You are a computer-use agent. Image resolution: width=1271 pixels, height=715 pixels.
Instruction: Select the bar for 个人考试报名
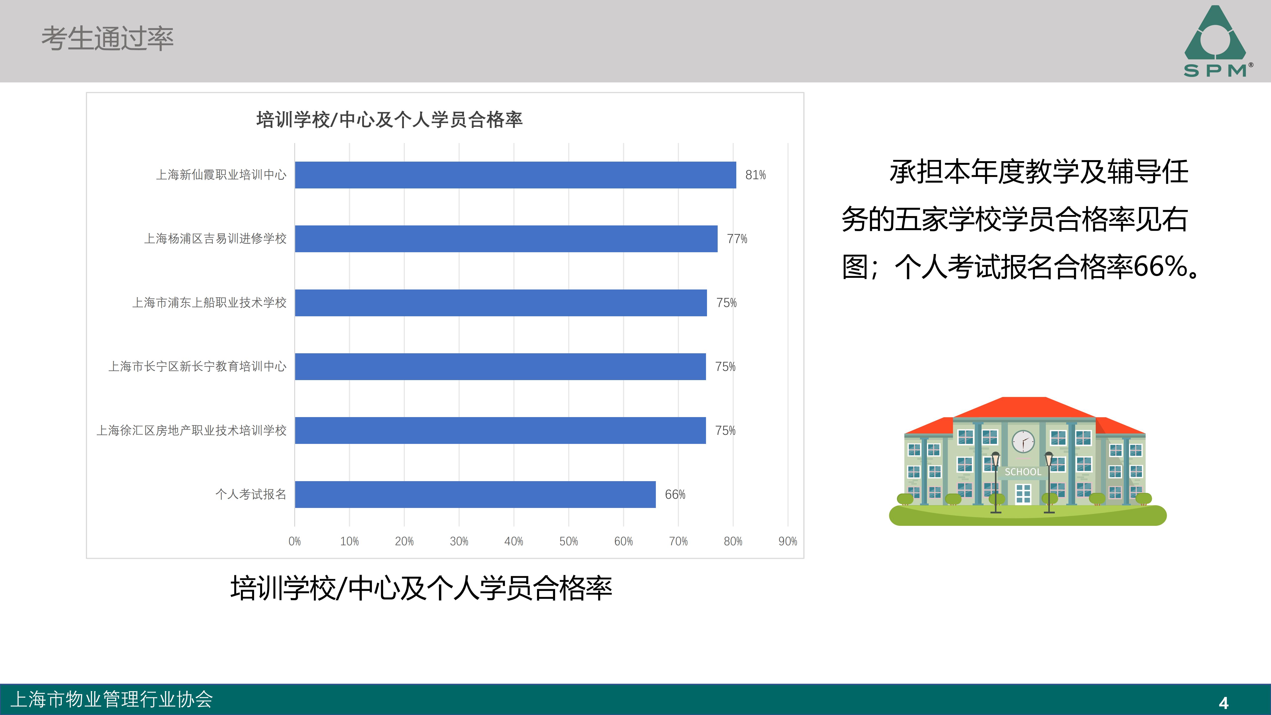click(475, 495)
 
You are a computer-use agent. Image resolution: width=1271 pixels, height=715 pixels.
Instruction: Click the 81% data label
click(755, 175)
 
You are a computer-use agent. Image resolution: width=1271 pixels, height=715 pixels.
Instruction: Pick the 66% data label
click(675, 495)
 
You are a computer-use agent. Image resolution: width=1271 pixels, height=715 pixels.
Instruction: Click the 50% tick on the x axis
click(568, 541)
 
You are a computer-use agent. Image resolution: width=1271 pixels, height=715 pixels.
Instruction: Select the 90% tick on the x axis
click(787, 541)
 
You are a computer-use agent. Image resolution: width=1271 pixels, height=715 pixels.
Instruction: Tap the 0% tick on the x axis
click(295, 541)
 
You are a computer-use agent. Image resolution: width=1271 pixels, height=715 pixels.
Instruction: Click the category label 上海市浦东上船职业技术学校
click(209, 302)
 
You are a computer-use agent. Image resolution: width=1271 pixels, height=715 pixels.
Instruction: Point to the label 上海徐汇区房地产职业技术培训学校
click(191, 430)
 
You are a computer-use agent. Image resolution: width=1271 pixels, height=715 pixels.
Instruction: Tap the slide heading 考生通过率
click(107, 38)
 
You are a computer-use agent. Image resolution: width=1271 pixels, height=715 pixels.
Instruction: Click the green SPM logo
click(1216, 42)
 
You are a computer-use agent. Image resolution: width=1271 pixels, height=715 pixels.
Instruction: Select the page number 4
click(1224, 703)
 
